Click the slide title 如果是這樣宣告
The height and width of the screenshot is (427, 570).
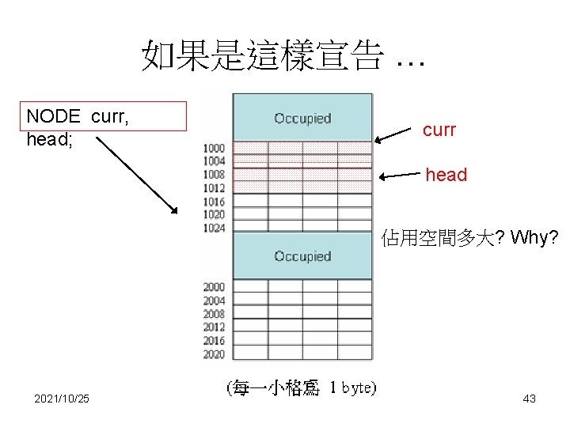tap(283, 56)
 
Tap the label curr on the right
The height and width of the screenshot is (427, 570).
tap(439, 130)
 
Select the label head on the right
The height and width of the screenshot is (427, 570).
tap(446, 175)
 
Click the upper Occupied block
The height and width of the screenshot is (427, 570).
tap(302, 119)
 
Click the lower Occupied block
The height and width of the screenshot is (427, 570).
tap(302, 256)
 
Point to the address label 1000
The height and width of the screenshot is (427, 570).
tap(214, 148)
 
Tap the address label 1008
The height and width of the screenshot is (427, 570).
tap(214, 175)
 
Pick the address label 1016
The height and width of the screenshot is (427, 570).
tap(214, 202)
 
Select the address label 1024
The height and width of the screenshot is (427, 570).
tap(214, 229)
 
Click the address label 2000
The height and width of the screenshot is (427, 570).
tap(214, 287)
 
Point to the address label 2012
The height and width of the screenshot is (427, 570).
tap(214, 327)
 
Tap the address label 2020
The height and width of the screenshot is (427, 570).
tap(214, 354)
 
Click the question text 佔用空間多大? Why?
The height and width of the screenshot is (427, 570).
tap(469, 236)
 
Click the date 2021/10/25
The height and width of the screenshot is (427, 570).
tap(62, 399)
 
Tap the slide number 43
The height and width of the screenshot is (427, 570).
tap(530, 399)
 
